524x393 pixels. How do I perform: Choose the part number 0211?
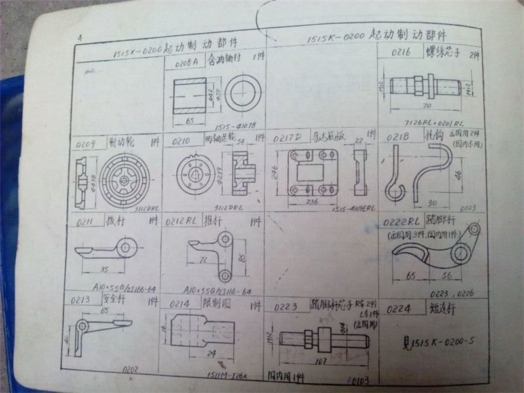(x=84, y=221)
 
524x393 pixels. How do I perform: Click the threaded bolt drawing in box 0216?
(x=426, y=85)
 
